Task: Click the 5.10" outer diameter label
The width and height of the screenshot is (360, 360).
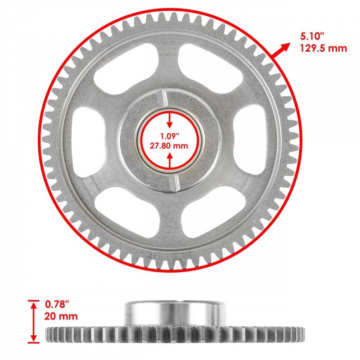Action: coord(312,36)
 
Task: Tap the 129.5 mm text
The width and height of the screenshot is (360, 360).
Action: coord(324,49)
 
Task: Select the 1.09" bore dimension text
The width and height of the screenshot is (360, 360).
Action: coord(170,136)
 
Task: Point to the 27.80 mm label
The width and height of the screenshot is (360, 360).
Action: coord(169,146)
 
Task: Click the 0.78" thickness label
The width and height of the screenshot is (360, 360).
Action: coord(57,305)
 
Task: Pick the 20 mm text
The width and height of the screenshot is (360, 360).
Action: coord(61,316)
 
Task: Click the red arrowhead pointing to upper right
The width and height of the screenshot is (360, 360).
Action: coord(285,47)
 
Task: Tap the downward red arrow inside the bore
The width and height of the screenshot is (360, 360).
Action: coord(170,120)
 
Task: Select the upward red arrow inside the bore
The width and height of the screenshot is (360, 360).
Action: coord(170,161)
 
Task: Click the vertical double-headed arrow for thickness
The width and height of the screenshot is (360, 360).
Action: coord(34,322)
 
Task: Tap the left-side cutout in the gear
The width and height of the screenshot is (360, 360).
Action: coord(89,142)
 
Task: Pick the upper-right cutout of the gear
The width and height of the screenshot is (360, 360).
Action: coord(210,68)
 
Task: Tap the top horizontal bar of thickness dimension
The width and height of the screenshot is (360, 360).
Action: coord(33,300)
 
